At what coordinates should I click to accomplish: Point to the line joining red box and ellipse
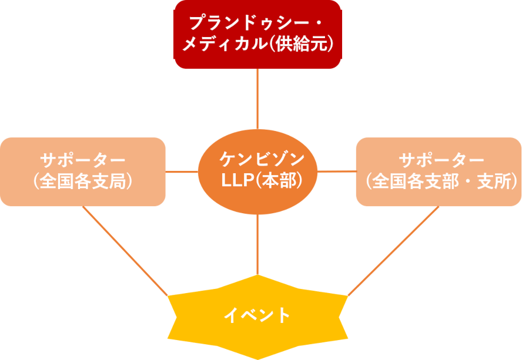(257, 99)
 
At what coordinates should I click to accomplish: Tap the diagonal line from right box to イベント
(394, 250)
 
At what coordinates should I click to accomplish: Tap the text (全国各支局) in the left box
(82, 181)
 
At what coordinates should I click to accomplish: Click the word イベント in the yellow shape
(257, 315)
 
